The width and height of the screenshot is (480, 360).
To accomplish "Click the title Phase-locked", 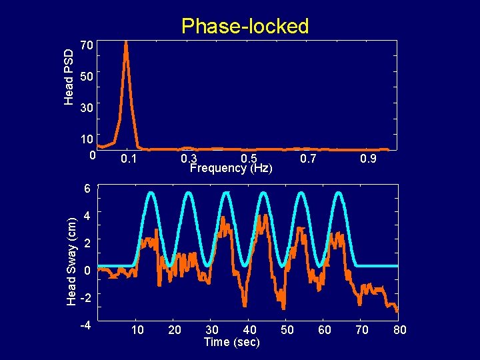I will (245, 26).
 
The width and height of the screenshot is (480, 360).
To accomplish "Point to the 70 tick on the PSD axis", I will (85, 46).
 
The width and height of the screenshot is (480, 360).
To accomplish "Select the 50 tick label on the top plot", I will (85, 77).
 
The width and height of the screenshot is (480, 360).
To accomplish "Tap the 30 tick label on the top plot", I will (85, 107).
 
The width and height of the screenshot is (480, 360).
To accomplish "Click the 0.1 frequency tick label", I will (128, 159).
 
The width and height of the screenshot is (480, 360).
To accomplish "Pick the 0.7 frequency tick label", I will (309, 159).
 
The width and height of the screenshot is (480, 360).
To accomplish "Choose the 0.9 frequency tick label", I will (368, 159).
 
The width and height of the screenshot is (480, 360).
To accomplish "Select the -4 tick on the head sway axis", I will (85, 327).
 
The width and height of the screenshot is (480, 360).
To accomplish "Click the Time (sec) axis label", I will (231, 342).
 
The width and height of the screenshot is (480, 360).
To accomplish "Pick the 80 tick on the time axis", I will (399, 330).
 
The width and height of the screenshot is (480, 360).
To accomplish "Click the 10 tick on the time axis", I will (137, 330).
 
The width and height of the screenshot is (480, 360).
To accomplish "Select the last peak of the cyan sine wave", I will (339, 193).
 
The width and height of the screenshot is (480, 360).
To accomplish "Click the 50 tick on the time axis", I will (287, 330).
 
